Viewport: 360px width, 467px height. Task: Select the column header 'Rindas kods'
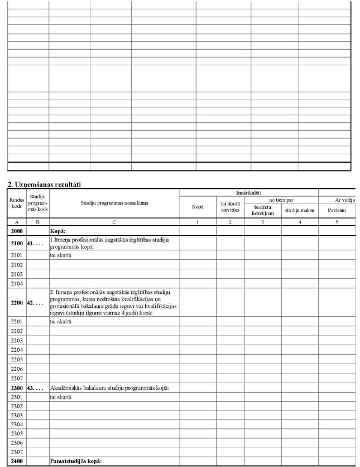[x=16, y=204]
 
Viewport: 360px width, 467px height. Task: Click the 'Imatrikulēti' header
[x=248, y=192]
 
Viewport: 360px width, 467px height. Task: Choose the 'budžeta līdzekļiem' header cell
[x=262, y=210]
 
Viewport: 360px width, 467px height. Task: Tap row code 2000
[x=16, y=230]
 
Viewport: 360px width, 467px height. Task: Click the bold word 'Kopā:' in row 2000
[x=59, y=230]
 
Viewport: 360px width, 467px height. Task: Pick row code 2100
[x=16, y=243]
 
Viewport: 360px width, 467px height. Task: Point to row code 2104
[x=16, y=283]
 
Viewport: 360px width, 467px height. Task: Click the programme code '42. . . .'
[x=37, y=303]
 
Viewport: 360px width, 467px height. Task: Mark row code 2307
[x=16, y=451]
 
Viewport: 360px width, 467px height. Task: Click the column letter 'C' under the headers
[x=113, y=222]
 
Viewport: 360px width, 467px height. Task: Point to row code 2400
[x=16, y=461]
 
